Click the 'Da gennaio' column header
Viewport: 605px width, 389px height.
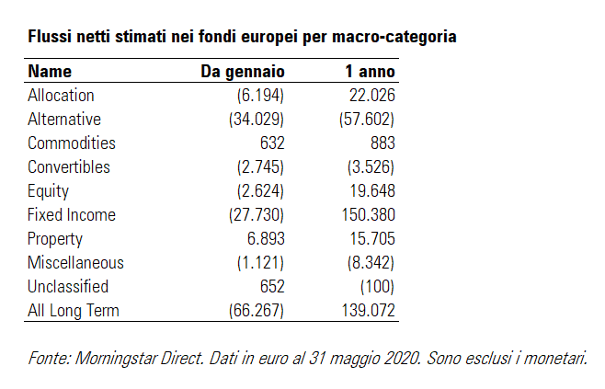243,72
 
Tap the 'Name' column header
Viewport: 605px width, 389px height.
50,72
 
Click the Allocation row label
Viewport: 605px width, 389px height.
61,96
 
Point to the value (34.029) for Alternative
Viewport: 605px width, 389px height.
256,120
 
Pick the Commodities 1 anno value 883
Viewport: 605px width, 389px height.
380,143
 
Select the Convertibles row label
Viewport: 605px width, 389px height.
69,167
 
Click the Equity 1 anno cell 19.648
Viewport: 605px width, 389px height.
371,191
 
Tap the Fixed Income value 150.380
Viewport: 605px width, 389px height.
367,215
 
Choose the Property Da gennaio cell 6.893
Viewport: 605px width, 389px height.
265,239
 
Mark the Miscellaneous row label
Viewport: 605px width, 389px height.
75,263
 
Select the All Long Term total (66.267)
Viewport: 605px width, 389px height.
256,311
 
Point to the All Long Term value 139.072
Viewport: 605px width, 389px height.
367,311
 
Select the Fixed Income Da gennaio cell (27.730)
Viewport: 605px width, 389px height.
256,215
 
